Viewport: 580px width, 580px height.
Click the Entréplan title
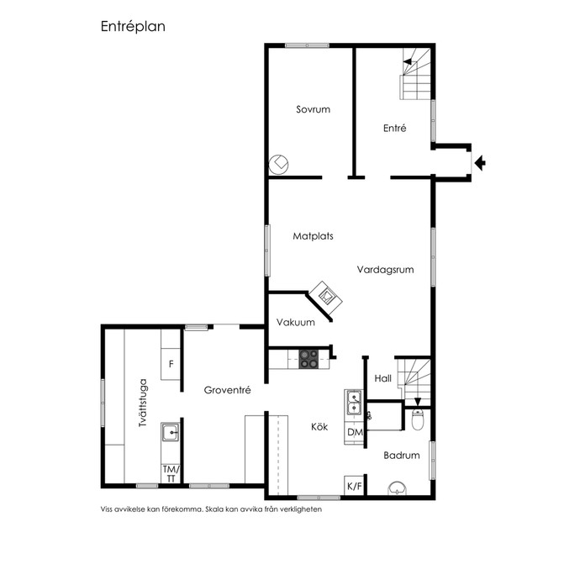pos(133,27)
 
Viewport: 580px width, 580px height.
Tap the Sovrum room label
pos(313,109)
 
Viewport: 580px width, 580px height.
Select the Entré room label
pos(395,128)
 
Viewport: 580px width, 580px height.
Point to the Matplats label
pos(313,236)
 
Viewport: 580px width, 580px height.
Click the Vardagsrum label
pos(385,270)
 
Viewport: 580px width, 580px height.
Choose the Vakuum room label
pos(296,322)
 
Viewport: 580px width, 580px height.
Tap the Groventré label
pos(227,390)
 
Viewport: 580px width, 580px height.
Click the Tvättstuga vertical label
pos(143,403)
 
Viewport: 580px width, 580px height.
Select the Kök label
pos(319,427)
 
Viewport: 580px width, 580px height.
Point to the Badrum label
pos(402,456)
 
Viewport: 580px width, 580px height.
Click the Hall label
pos(382,378)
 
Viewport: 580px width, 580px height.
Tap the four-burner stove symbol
pos(308,359)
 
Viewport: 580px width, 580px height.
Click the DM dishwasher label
pos(355,432)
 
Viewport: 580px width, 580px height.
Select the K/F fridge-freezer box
pos(354,486)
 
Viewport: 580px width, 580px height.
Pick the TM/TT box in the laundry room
pos(171,474)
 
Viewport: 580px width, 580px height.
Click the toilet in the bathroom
pos(417,419)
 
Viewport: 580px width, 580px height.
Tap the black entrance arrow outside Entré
pos(480,163)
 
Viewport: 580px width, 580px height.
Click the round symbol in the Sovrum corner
pos(278,165)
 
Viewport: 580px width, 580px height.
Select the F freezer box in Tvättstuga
pos(171,364)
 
